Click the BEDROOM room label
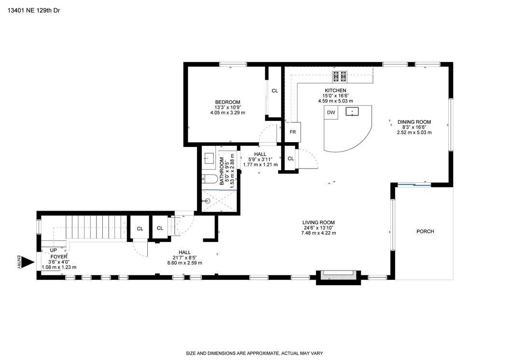(227, 102)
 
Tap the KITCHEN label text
(336, 90)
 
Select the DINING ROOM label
(414, 122)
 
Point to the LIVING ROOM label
(318, 223)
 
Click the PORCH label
(425, 231)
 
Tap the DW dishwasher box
(331, 113)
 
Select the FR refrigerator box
(293, 132)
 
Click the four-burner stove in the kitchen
(339, 77)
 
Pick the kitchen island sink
(352, 112)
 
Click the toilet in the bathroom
(210, 179)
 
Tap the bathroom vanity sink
(208, 158)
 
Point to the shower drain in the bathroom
(208, 201)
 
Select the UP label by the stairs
(53, 250)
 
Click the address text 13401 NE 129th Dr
(34, 11)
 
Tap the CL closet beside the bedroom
(275, 91)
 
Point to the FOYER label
(59, 257)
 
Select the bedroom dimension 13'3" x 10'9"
(227, 108)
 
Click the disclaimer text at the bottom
(254, 353)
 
